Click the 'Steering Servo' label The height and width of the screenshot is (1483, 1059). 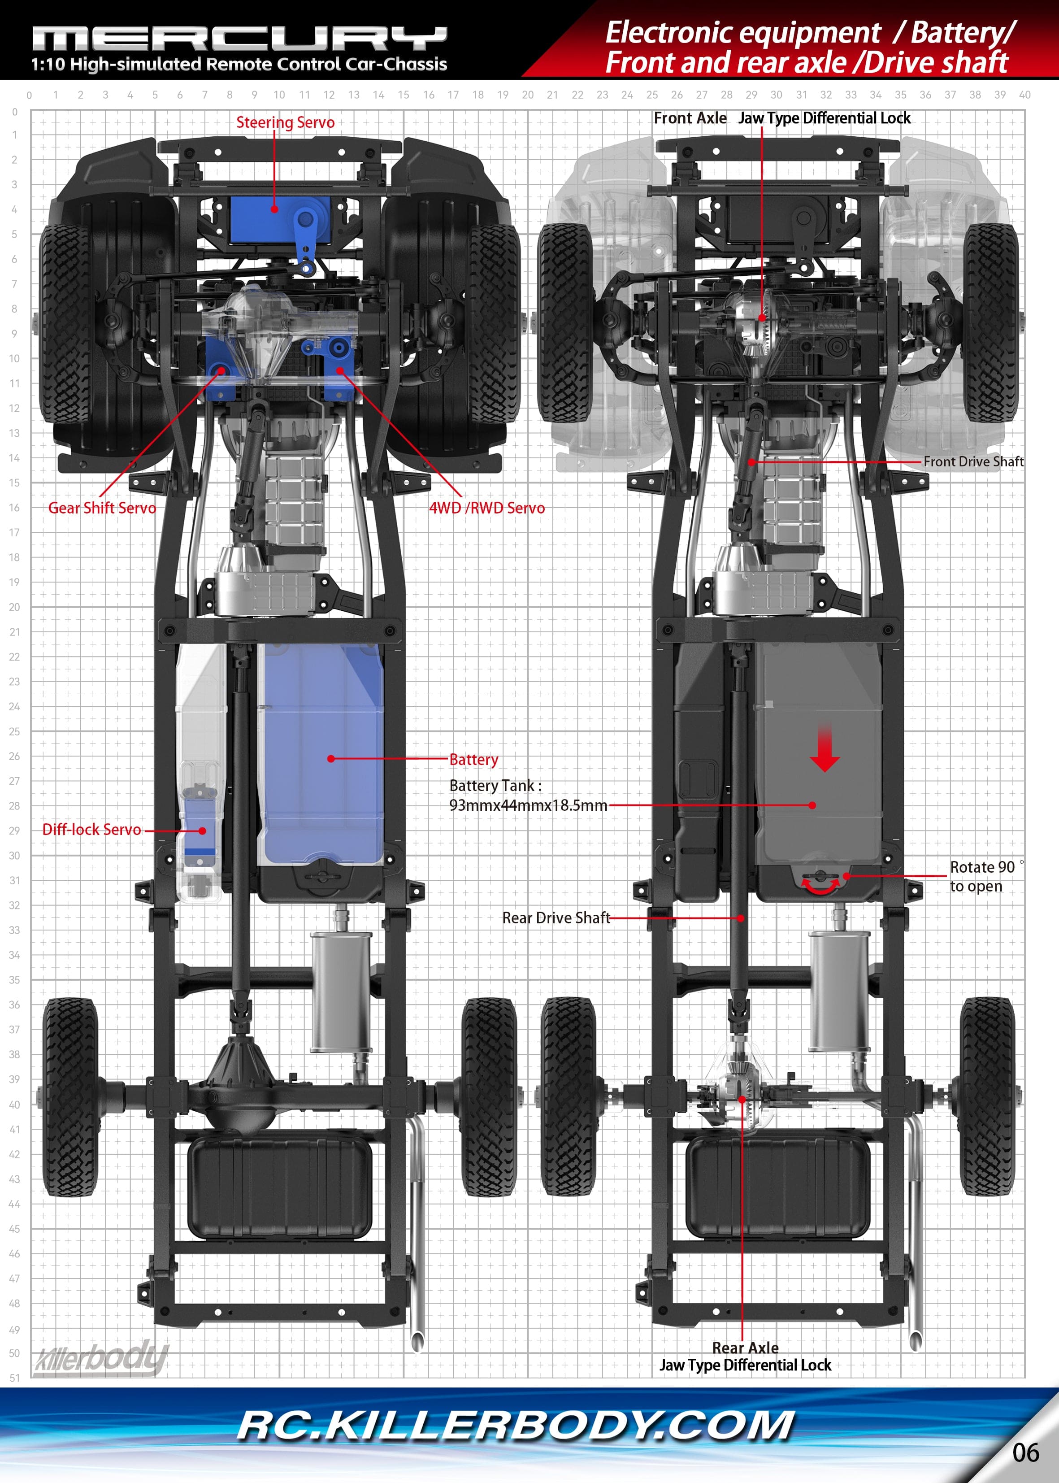285,122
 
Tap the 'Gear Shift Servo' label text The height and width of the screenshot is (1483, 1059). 102,508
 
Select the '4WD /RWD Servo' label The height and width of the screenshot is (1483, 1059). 486,508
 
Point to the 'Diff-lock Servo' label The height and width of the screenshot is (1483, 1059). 91,830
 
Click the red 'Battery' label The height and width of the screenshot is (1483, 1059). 473,759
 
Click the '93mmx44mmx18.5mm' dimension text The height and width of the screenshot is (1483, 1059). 528,805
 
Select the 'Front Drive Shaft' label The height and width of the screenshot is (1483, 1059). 973,462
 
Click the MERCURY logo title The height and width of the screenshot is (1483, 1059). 239,39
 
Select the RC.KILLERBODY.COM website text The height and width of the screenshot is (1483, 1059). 515,1426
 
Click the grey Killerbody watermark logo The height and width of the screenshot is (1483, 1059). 101,1359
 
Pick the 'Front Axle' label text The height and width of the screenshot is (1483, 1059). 690,118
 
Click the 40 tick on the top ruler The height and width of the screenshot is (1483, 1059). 1024,95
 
